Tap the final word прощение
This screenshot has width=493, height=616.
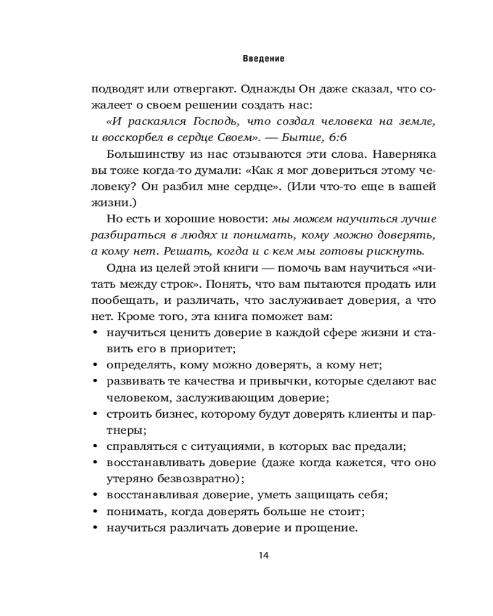point(327,527)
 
